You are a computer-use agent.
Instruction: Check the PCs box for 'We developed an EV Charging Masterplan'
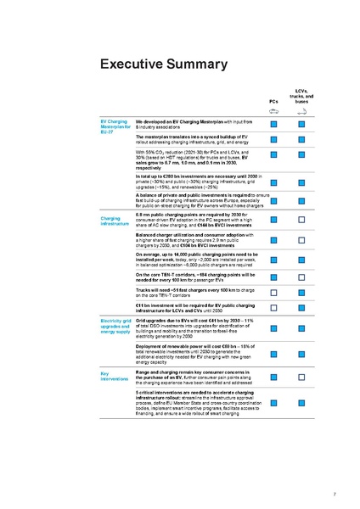(x=273, y=125)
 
